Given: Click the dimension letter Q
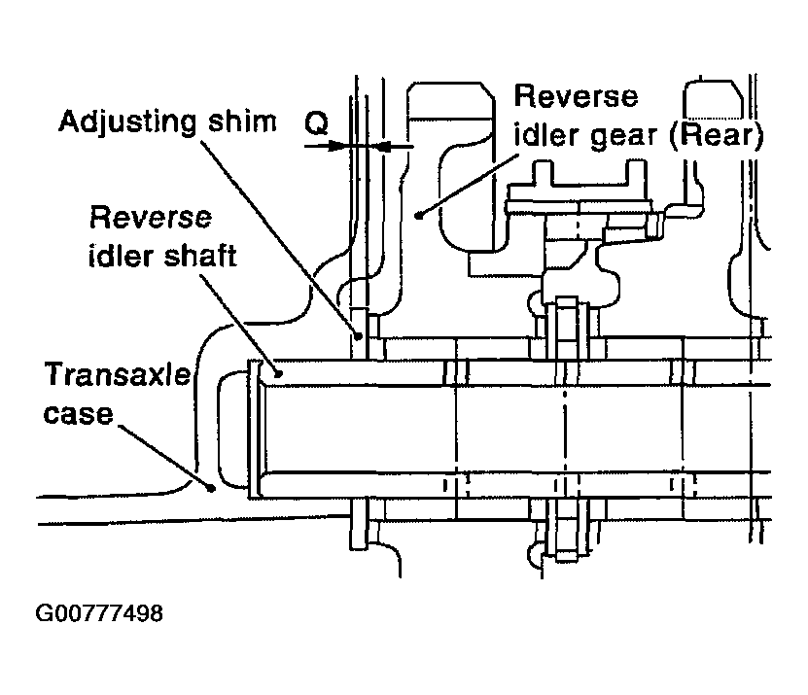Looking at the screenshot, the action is click(x=316, y=123).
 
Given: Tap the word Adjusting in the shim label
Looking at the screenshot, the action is click(x=127, y=122).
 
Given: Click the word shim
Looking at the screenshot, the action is click(x=242, y=122).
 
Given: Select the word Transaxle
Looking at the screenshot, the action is click(x=118, y=374).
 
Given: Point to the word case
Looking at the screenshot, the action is click(x=79, y=414).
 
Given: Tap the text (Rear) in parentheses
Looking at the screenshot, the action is click(x=717, y=135).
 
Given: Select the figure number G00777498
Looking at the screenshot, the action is click(x=99, y=613).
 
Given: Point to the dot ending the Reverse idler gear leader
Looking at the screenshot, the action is click(x=419, y=216).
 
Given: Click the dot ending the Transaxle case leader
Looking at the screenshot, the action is click(x=211, y=487).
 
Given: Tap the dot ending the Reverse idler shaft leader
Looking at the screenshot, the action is click(x=278, y=373).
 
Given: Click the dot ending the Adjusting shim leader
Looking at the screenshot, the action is click(x=359, y=336).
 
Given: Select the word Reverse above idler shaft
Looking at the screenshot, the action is click(x=151, y=218).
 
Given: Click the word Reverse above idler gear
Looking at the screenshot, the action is click(x=577, y=96).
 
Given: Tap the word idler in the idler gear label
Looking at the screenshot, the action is click(x=546, y=135).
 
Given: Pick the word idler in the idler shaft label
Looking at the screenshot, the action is click(x=114, y=256).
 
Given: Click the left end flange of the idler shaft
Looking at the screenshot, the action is click(x=254, y=430).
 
